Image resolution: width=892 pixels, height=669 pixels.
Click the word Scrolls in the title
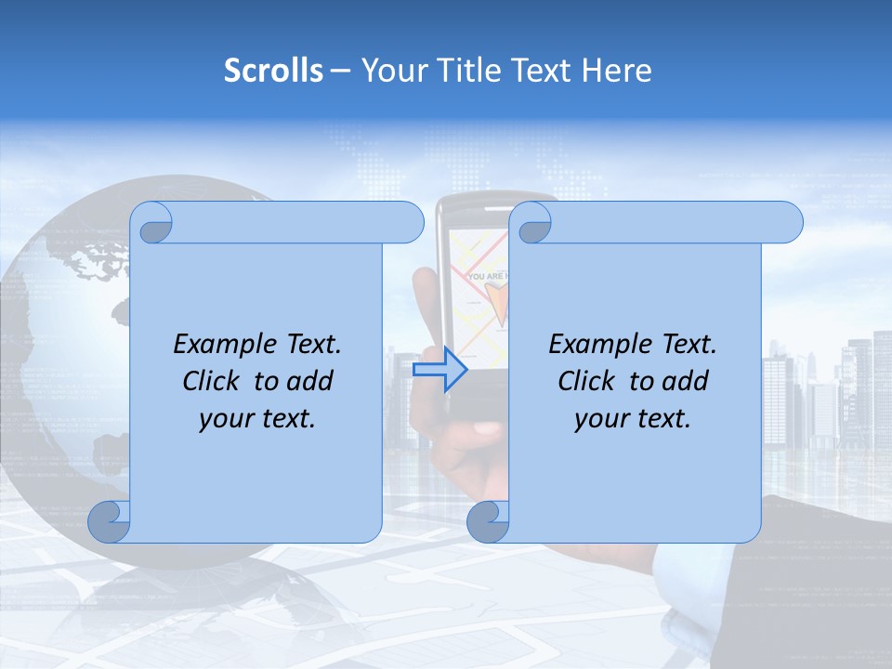[x=274, y=71]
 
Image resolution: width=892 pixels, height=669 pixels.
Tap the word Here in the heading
[x=617, y=71]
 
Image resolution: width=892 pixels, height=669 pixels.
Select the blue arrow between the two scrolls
[x=439, y=370]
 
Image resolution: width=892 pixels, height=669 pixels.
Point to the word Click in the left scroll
[x=214, y=381]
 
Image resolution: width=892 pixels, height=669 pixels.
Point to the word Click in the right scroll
[x=589, y=381]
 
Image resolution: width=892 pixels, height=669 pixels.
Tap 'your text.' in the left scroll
[x=257, y=419]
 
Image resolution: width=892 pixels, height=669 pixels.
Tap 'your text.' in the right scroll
[x=633, y=419]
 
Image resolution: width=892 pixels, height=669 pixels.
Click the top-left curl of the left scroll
[x=152, y=224]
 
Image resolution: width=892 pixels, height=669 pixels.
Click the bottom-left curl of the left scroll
[x=110, y=521]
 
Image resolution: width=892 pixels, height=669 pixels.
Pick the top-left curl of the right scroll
[x=532, y=224]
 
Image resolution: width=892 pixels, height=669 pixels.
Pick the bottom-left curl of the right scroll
[x=488, y=521]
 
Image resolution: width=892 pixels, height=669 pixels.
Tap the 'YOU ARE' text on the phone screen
[x=488, y=276]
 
